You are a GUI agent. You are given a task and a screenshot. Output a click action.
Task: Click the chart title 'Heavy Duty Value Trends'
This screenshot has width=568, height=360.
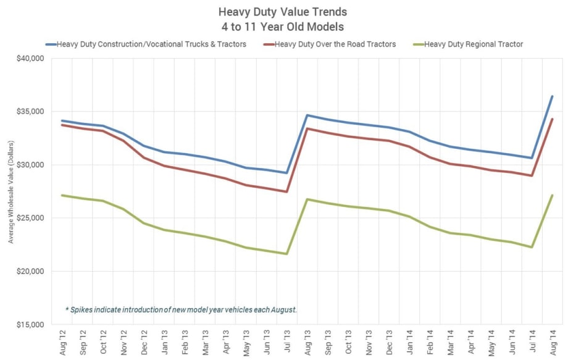tap(283, 12)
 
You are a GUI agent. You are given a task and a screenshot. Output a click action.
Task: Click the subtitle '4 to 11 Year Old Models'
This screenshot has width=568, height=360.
tap(283, 27)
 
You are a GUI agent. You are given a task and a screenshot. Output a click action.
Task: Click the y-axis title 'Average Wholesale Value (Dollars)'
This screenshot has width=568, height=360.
tap(10, 191)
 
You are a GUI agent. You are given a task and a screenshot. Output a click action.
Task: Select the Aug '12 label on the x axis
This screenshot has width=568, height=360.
tap(62, 341)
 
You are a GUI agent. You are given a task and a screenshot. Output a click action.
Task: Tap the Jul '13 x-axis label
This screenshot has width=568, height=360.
tap(286, 341)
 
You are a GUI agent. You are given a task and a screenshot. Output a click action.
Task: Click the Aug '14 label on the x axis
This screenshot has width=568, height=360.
tap(552, 341)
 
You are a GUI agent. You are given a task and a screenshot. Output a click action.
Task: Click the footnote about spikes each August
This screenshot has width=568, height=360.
tap(181, 309)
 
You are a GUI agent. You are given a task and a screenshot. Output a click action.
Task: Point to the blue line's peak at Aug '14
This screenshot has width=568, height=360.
tap(552, 96)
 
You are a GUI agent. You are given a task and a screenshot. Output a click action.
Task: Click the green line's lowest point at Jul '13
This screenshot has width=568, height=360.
tap(286, 254)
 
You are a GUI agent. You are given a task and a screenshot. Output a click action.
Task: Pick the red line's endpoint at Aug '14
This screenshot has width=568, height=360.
tap(552, 119)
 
